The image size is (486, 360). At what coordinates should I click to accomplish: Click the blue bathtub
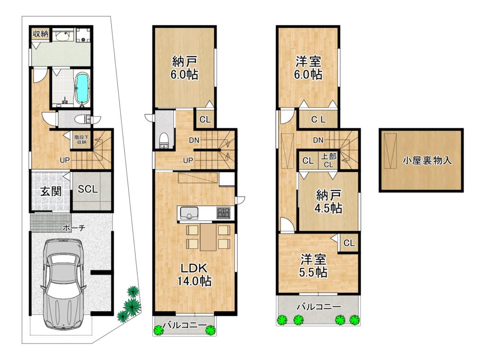[x=82, y=88]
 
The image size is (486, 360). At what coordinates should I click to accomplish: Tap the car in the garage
[x=63, y=284]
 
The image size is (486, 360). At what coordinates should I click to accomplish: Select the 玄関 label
[x=51, y=191]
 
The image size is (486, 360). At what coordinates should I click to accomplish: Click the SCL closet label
[x=88, y=189]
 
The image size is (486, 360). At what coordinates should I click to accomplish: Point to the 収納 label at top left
[x=41, y=34]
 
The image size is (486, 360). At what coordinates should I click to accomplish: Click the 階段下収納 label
[x=82, y=140]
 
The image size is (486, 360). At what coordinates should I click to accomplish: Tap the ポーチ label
[x=74, y=228]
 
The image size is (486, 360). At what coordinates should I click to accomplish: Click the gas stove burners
[x=224, y=213]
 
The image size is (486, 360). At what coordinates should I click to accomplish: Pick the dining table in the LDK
[x=208, y=237]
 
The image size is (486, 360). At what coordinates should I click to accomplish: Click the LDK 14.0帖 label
[x=194, y=275]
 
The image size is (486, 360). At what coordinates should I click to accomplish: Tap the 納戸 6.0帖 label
[x=185, y=68]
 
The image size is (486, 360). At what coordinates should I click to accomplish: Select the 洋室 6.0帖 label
[x=308, y=68]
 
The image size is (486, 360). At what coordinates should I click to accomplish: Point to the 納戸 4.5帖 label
[x=328, y=201]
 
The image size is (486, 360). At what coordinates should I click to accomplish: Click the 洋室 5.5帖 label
[x=313, y=266]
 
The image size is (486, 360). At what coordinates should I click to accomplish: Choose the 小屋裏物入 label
[x=427, y=161]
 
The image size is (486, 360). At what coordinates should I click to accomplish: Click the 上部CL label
[x=328, y=161]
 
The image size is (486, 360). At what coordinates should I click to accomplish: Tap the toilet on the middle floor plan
[x=163, y=141]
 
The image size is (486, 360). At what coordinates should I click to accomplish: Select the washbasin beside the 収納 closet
[x=63, y=36]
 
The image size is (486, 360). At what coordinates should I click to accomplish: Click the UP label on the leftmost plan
[x=65, y=161]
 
